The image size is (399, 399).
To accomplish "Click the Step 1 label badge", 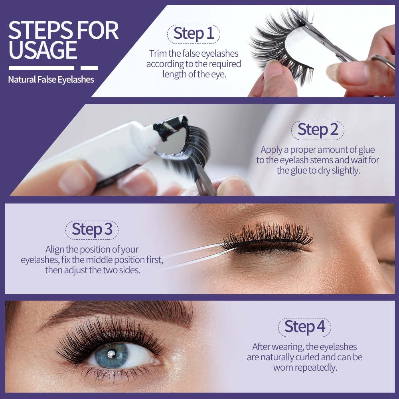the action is tap(194, 34).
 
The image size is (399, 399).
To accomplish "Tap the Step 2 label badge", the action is tap(318, 130).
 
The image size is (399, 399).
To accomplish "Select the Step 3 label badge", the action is tap(92, 230).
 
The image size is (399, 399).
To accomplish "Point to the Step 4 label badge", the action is tap(304, 328).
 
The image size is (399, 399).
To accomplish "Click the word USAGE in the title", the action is tap(43, 50).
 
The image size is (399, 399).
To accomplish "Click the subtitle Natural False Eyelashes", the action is tap(51, 80).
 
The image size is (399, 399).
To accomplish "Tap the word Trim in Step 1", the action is tap(158, 53).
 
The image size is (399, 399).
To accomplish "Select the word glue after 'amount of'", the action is tap(366, 150).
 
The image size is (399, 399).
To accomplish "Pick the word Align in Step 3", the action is tap(55, 249).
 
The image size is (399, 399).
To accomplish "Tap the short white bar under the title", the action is tap(89, 68).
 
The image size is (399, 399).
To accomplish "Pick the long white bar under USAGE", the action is tap(41, 68).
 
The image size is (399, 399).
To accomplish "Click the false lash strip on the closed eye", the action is tap(267, 237).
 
